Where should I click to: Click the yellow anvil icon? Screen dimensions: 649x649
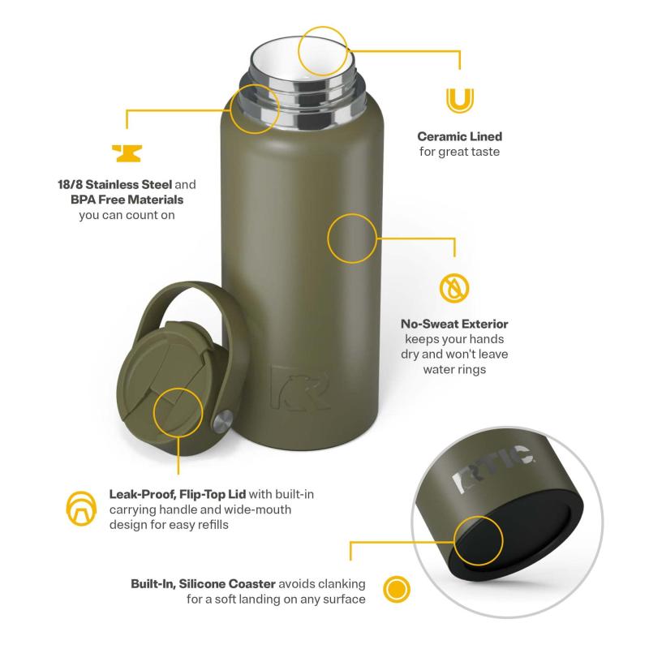(127, 153)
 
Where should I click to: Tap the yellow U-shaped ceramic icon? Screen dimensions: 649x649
(459, 101)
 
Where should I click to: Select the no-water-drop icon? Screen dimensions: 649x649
(454, 287)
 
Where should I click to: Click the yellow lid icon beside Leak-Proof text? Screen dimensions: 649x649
(81, 509)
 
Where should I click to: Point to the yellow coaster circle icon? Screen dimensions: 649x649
(396, 589)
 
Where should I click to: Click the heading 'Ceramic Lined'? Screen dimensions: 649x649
(459, 136)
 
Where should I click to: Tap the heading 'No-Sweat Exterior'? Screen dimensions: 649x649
(454, 324)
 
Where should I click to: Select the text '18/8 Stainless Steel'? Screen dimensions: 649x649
(114, 184)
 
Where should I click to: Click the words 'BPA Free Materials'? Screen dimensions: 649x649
(127, 200)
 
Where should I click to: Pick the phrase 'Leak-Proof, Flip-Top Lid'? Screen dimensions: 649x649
(178, 494)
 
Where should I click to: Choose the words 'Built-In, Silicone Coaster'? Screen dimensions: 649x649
(203, 583)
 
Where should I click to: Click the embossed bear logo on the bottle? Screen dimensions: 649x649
(299, 388)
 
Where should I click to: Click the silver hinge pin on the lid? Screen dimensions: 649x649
(222, 421)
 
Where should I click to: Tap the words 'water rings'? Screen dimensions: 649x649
(454, 369)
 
